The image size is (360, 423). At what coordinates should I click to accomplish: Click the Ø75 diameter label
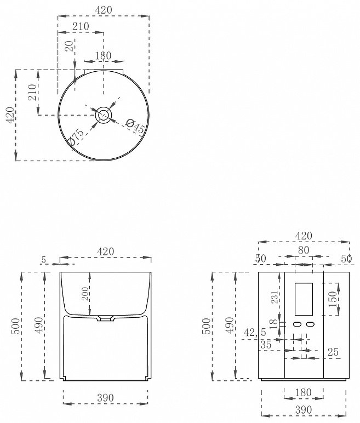pos(76,137)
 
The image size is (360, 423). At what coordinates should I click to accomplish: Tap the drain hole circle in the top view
pos(104,115)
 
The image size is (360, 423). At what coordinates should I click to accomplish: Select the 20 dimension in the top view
pos(70,46)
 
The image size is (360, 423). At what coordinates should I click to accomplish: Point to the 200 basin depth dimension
pos(85,294)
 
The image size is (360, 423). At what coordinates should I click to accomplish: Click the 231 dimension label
pos(275,297)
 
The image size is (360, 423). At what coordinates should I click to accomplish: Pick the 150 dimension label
pos(333,299)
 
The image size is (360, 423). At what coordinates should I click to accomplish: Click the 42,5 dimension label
pos(255,332)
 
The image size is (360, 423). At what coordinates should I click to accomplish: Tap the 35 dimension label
pos(266,345)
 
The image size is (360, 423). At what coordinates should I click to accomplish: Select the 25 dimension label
pos(333,352)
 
